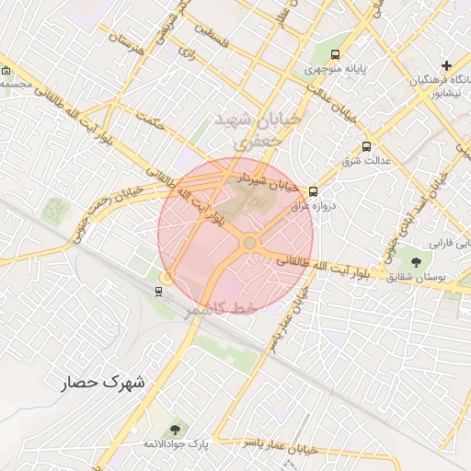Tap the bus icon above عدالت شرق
367,146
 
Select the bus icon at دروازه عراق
314,191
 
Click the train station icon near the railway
159,292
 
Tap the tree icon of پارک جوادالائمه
175,430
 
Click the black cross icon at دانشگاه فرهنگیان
446,65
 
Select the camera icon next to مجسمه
6,70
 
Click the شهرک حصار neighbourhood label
106,381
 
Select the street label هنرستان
127,41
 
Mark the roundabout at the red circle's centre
249,242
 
